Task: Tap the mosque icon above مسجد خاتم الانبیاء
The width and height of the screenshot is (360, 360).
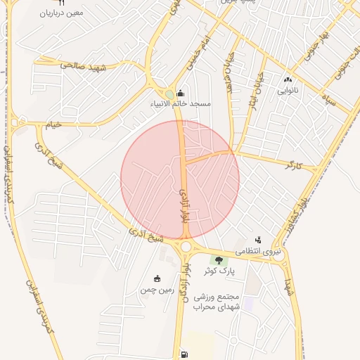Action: [181, 93]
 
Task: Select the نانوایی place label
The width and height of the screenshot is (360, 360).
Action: [287, 90]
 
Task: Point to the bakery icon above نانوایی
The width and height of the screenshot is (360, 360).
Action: [287, 79]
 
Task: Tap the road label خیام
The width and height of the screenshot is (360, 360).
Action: [54, 124]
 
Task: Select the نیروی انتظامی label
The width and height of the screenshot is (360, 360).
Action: [257, 251]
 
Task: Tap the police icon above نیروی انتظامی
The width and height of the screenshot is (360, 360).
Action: [258, 240]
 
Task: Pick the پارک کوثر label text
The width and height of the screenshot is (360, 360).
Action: [219, 271]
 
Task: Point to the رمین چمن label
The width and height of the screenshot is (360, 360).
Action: [156, 289]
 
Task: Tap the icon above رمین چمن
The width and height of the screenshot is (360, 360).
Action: [156, 278]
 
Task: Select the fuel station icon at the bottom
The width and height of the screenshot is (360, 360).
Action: [184, 354]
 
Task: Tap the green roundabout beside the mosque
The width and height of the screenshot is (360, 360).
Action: [169, 95]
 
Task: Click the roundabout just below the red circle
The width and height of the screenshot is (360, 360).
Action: [186, 247]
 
